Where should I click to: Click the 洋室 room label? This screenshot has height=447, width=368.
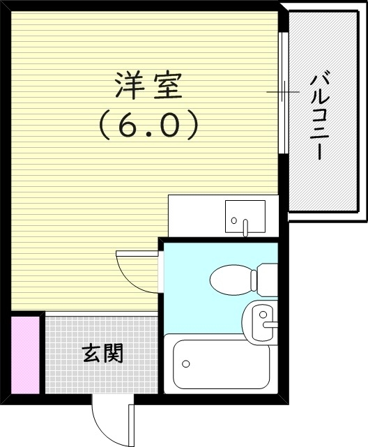148,86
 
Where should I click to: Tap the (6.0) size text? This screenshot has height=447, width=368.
148,126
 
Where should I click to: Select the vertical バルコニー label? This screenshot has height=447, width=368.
320,115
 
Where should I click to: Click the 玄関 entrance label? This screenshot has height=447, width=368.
103,354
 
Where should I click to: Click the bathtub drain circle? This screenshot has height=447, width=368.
185,363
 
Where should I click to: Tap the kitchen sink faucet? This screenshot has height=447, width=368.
245,226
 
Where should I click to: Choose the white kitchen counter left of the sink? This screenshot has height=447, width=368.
195,215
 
